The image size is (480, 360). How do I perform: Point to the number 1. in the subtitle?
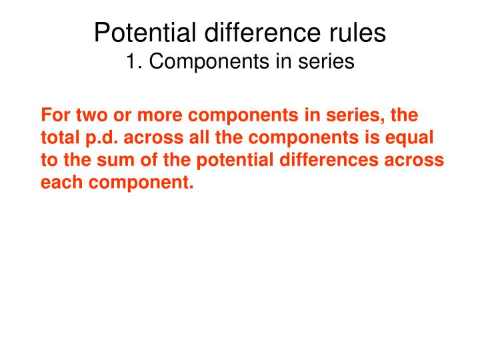135,61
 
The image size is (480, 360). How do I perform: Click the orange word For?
56,115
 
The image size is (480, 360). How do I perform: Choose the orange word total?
60,138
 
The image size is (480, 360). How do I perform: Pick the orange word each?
61,182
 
